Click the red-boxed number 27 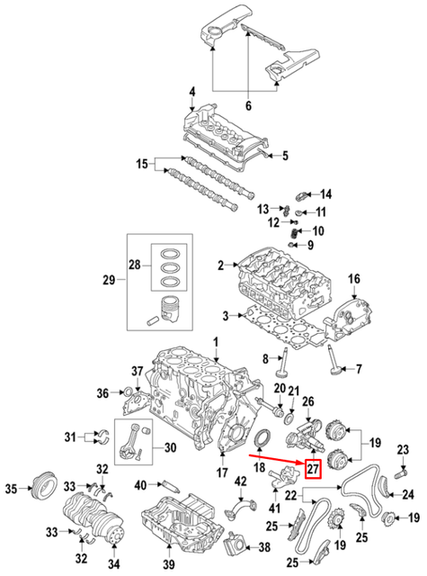314,468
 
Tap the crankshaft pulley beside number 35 40,491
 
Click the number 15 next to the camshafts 140,164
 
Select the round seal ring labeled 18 263,438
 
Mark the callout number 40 139,486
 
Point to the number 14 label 326,193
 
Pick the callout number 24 408,493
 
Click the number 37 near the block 138,372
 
